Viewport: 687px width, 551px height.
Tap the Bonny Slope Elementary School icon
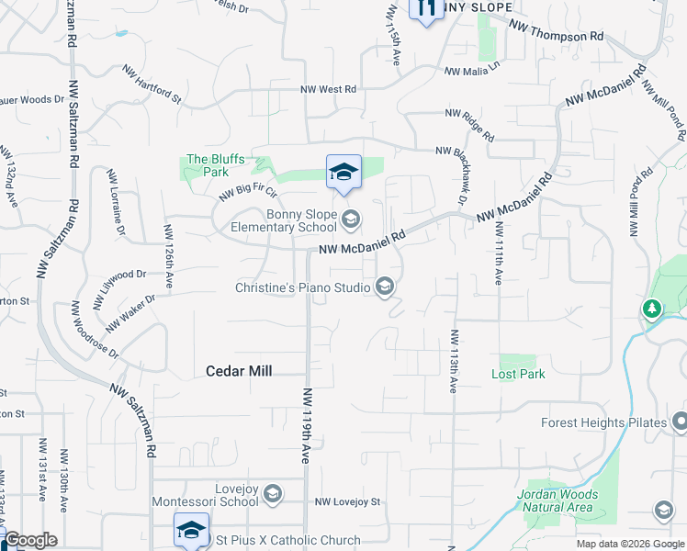coord(350,219)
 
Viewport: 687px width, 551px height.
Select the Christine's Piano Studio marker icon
coord(386,287)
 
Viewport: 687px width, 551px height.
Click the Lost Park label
coord(518,374)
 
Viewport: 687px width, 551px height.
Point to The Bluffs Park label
coord(215,165)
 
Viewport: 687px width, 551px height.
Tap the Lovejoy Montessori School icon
coord(272,495)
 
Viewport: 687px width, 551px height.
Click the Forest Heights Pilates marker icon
coord(680,422)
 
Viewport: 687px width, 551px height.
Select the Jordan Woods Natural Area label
coord(557,500)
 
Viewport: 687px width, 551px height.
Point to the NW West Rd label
coord(328,90)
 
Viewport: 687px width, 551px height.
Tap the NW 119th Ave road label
coord(306,414)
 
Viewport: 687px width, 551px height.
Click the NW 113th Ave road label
coord(453,361)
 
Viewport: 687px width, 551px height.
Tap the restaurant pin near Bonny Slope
coord(425,9)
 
